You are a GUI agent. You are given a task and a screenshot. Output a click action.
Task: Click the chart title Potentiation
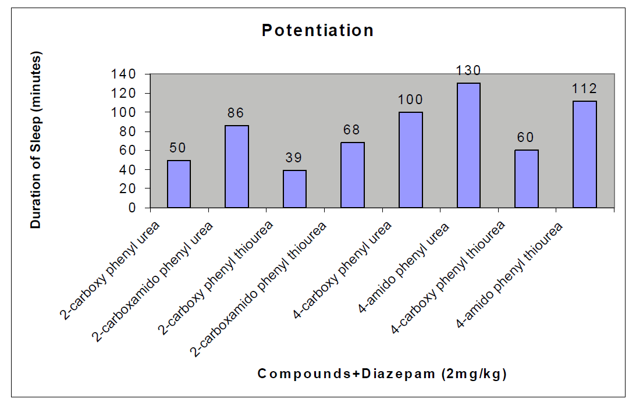318,30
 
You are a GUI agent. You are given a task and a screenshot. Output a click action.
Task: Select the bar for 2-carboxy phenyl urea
179,184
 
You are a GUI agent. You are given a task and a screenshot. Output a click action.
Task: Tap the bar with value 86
237,166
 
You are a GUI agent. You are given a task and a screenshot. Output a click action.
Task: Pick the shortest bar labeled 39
294,188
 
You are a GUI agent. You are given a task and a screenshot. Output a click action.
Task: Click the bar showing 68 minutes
353,175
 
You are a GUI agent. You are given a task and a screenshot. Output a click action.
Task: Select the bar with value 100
411,159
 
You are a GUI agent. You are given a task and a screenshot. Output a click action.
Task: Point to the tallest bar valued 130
468,145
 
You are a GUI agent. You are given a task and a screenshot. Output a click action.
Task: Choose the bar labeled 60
527,179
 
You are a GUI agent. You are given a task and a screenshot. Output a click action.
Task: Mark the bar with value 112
585,154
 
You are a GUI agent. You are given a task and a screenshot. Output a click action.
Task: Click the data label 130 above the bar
468,71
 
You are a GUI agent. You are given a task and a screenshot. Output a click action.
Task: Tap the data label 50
179,148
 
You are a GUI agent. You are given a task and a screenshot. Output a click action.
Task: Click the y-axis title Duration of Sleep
37,140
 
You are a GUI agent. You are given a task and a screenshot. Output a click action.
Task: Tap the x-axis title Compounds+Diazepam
382,374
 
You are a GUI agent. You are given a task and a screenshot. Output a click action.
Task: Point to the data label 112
585,89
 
